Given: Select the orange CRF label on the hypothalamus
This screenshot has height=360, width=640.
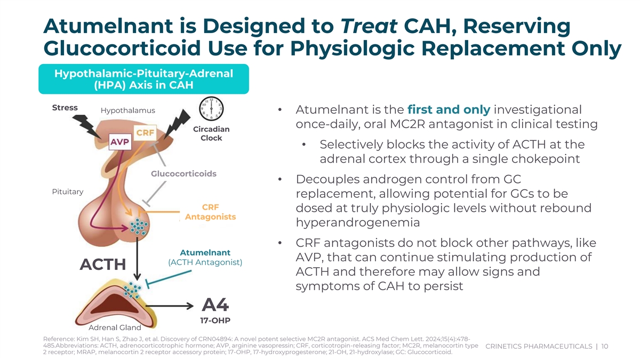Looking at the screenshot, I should point(145,131).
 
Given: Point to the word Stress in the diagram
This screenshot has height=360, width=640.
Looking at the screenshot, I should point(65,108).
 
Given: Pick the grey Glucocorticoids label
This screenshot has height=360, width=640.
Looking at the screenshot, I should point(183,174).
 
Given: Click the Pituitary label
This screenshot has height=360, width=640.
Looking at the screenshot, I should point(67,191).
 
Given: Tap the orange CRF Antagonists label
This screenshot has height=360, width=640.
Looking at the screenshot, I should point(210,212).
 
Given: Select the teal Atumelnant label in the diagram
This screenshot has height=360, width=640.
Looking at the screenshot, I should point(205,252).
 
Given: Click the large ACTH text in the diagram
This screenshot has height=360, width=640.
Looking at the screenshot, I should point(103,265).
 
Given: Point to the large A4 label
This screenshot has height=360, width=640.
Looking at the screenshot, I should point(215,305).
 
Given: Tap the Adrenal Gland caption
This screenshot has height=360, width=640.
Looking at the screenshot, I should point(115,327).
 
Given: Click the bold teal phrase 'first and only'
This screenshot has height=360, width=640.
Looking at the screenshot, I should point(448,110).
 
